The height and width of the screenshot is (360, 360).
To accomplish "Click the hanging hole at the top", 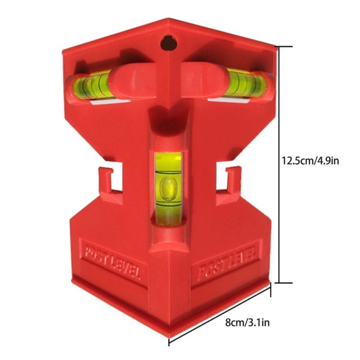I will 168,43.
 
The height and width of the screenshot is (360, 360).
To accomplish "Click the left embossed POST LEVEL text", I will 110,261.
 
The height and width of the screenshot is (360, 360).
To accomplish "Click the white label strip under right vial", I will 229,99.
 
